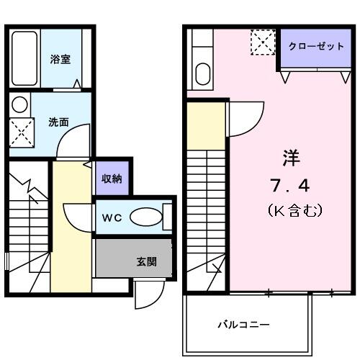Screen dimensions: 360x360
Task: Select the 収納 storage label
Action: (111, 179)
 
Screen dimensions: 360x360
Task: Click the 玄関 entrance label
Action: (146, 261)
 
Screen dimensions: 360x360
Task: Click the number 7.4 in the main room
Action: (290, 186)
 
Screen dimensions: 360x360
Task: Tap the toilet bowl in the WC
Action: (148, 217)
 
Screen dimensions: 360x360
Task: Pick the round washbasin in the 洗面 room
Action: (19, 104)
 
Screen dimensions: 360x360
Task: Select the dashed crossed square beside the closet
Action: (263, 42)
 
